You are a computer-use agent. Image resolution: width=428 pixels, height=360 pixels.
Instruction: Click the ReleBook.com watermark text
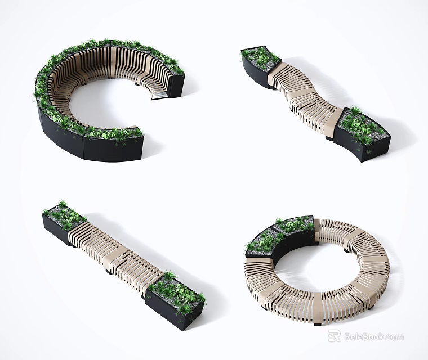[x=374, y=337]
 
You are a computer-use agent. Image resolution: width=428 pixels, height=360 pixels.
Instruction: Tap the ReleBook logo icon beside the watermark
[x=334, y=336]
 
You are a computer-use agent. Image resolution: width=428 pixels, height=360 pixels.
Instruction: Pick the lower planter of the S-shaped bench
[x=362, y=134]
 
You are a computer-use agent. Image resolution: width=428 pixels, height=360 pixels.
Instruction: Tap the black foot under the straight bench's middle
[x=108, y=271]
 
